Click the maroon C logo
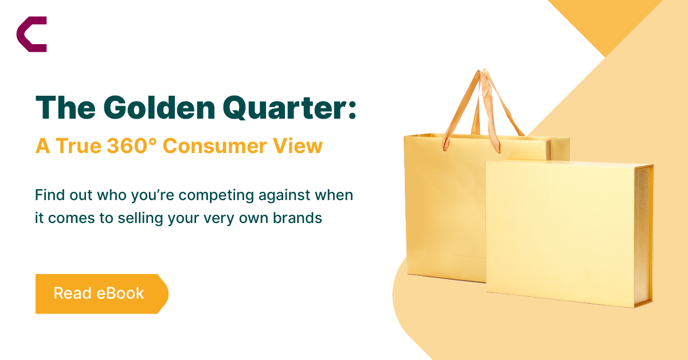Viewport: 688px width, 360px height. coord(32,34)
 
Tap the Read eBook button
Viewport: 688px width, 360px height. coord(101,294)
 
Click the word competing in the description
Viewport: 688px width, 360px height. coord(212,195)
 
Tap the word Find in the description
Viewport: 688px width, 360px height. coord(49,195)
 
